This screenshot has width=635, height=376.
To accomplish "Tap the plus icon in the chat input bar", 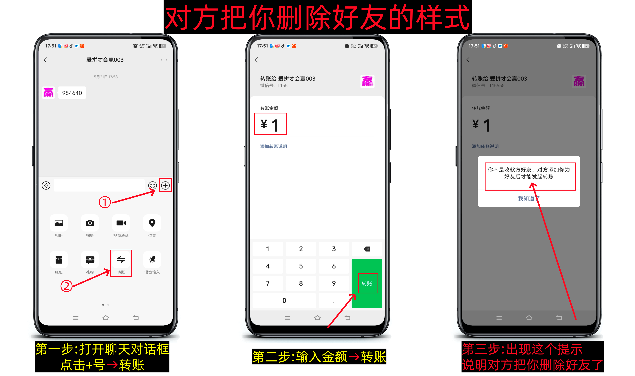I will pos(165,185).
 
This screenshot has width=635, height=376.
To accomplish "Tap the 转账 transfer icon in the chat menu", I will pos(121,260).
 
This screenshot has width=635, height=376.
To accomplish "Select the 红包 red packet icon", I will pos(59,260).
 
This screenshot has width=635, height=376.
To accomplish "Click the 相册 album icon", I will pos(59,223).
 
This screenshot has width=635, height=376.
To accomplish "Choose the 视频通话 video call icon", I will pos(121,223).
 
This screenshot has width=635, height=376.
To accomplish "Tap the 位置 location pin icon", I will pos(152,223).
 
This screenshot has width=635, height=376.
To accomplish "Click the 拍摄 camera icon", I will pos(90,223).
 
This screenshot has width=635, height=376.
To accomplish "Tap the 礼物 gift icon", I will pos(90,260).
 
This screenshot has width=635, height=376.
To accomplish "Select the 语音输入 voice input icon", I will pos(152,260).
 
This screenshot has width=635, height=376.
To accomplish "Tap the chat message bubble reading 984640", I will pos(72,93).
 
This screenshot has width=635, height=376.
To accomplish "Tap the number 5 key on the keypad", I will pos(301,266).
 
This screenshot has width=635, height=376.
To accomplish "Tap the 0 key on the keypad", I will pos(284,300).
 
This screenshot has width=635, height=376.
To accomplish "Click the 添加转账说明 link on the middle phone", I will pos(273,146).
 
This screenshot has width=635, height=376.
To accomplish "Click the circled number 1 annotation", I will pos(104,202).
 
